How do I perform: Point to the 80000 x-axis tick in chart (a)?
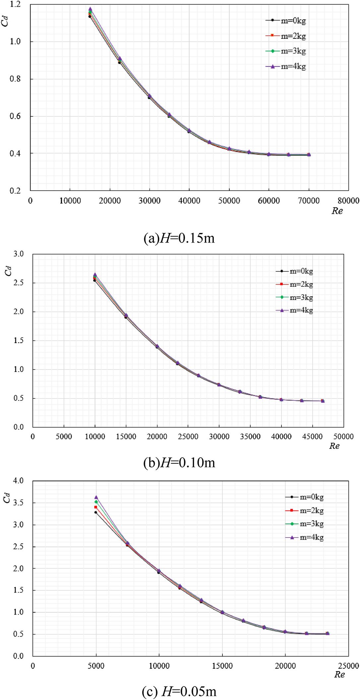click(x=348, y=201)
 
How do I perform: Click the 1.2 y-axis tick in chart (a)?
click(x=15, y=4)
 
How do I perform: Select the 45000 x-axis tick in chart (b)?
click(x=312, y=437)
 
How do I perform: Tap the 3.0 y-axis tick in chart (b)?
click(x=19, y=254)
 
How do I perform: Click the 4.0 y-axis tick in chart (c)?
click(x=19, y=481)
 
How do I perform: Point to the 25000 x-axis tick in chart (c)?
click(x=348, y=666)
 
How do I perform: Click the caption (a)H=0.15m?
click(x=179, y=238)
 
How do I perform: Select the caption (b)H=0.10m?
click(x=179, y=462)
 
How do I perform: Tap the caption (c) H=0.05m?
click(x=179, y=691)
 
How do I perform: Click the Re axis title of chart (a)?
click(x=337, y=211)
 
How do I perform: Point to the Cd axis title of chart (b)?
click(x=8, y=271)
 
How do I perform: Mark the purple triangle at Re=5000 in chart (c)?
click(x=96, y=497)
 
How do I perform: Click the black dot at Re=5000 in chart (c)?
click(x=95, y=512)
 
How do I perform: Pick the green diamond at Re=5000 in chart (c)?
click(x=96, y=502)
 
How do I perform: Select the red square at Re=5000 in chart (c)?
click(x=96, y=507)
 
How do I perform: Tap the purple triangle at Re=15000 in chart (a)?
click(x=90, y=9)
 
